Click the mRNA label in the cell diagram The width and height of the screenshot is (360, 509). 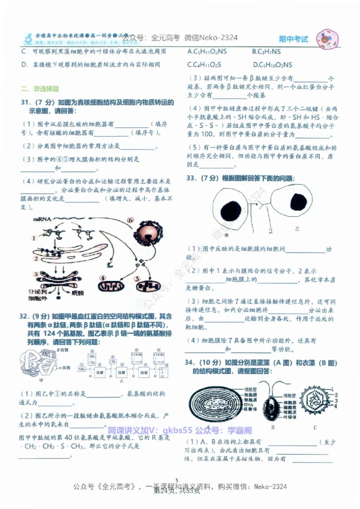tap(41, 219)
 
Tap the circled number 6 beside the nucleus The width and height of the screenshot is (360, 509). tap(130, 220)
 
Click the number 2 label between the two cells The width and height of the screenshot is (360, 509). tap(271, 231)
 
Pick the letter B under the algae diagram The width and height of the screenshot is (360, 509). tap(273, 427)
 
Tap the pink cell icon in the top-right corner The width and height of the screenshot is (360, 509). tap(328, 40)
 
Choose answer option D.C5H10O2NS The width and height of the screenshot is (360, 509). tap(272, 65)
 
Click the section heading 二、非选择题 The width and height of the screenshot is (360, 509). tap(40, 89)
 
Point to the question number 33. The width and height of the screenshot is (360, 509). tap(192, 179)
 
